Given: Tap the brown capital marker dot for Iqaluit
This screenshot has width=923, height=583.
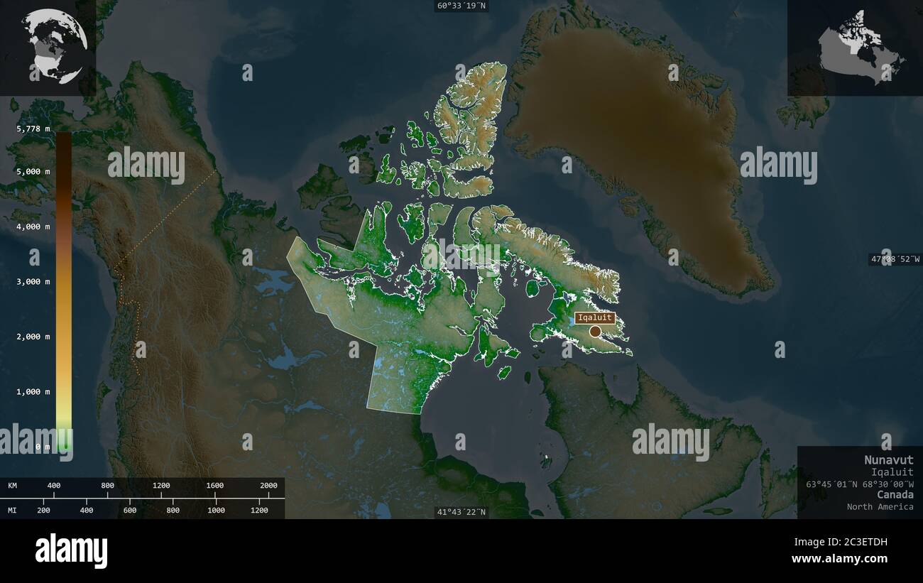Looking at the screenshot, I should (x=595, y=331).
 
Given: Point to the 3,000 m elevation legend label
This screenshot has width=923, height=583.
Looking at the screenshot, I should (x=33, y=282).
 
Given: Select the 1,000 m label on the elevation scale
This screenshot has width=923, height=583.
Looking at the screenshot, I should (x=33, y=392).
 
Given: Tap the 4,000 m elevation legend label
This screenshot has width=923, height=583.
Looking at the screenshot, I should (x=33, y=227).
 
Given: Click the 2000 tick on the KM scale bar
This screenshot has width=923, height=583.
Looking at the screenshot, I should (x=268, y=486).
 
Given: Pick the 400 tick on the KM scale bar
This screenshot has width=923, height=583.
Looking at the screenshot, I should (x=54, y=486).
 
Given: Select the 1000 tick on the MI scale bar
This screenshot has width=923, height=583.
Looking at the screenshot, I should (x=216, y=511).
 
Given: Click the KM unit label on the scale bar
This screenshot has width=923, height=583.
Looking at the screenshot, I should (x=13, y=486).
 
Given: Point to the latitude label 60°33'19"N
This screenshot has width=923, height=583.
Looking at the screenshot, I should (x=462, y=6).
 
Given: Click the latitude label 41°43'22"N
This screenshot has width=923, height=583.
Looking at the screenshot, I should (x=462, y=512).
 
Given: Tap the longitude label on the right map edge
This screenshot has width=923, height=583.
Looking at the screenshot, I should (x=895, y=259).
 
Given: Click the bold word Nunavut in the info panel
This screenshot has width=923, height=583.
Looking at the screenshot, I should (x=889, y=459).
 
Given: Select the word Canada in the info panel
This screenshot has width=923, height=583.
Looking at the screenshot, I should (x=895, y=494).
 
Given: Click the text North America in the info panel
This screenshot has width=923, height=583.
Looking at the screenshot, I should (x=880, y=506).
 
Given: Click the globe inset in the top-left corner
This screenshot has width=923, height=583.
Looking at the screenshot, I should (x=54, y=45).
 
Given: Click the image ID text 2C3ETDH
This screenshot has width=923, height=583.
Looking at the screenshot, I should (x=861, y=543).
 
